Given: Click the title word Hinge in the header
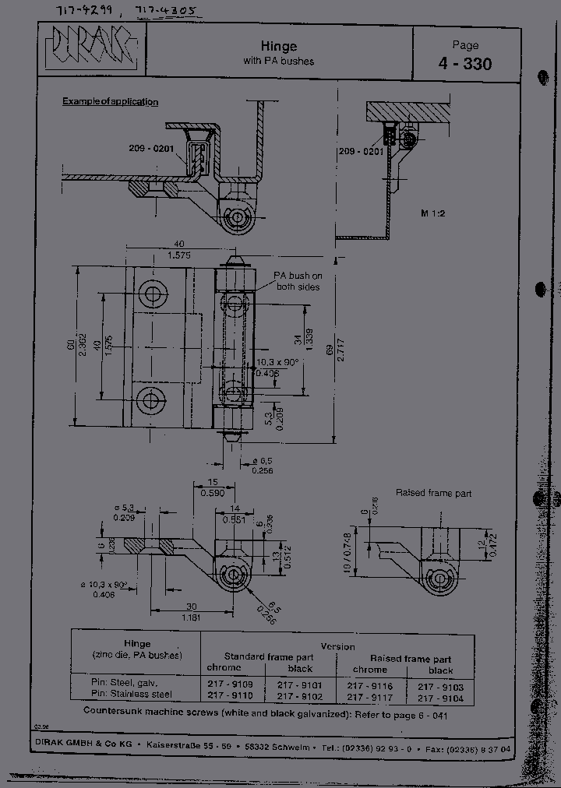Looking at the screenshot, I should [278, 47].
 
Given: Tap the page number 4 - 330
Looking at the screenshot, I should [465, 64].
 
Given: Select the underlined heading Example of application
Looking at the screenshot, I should [110, 102].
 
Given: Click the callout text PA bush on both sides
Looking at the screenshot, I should [297, 281].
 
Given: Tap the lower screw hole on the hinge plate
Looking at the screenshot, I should [150, 400].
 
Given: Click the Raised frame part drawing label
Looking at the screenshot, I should [433, 493].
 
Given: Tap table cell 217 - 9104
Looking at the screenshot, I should [440, 698].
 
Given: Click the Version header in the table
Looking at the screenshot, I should [337, 646].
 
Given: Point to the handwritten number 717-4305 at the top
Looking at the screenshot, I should [164, 11].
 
